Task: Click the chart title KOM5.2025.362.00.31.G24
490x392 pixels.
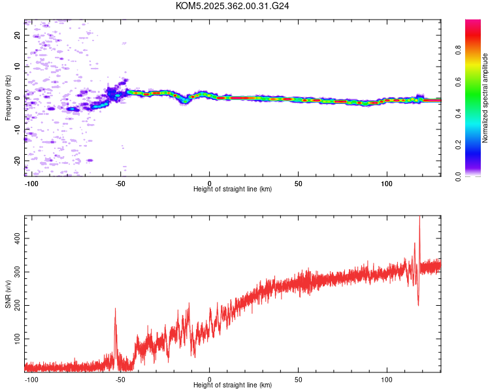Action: point(233,6)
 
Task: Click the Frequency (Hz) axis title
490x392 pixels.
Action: point(8,97)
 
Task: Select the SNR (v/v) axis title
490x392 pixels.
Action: point(8,294)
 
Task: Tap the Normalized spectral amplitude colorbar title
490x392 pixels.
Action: point(485,98)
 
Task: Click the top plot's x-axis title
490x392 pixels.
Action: point(233,189)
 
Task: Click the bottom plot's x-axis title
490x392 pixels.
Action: point(233,385)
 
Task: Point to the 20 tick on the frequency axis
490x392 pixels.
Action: point(18,35)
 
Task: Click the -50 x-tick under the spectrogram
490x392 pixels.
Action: point(120,183)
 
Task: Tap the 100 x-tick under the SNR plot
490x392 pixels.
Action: point(387,379)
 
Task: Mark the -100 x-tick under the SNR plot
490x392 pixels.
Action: point(31,379)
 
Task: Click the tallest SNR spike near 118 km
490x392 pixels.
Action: point(419,218)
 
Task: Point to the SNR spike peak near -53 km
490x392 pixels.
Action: point(115,309)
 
